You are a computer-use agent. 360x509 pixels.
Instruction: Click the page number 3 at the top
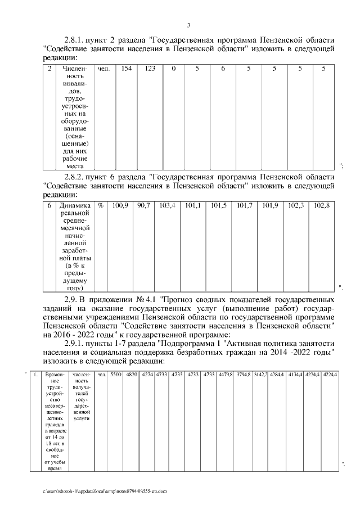188,25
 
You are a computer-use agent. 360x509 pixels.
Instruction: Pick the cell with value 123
150,69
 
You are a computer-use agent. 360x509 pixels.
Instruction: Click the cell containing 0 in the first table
174,69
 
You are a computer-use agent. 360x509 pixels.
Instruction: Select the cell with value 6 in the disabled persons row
223,69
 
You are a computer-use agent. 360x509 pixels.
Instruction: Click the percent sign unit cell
101,205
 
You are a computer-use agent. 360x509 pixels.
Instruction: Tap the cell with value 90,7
143,205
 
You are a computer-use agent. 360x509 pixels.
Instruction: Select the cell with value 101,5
218,205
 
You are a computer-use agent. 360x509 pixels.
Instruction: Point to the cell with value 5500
115,374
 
